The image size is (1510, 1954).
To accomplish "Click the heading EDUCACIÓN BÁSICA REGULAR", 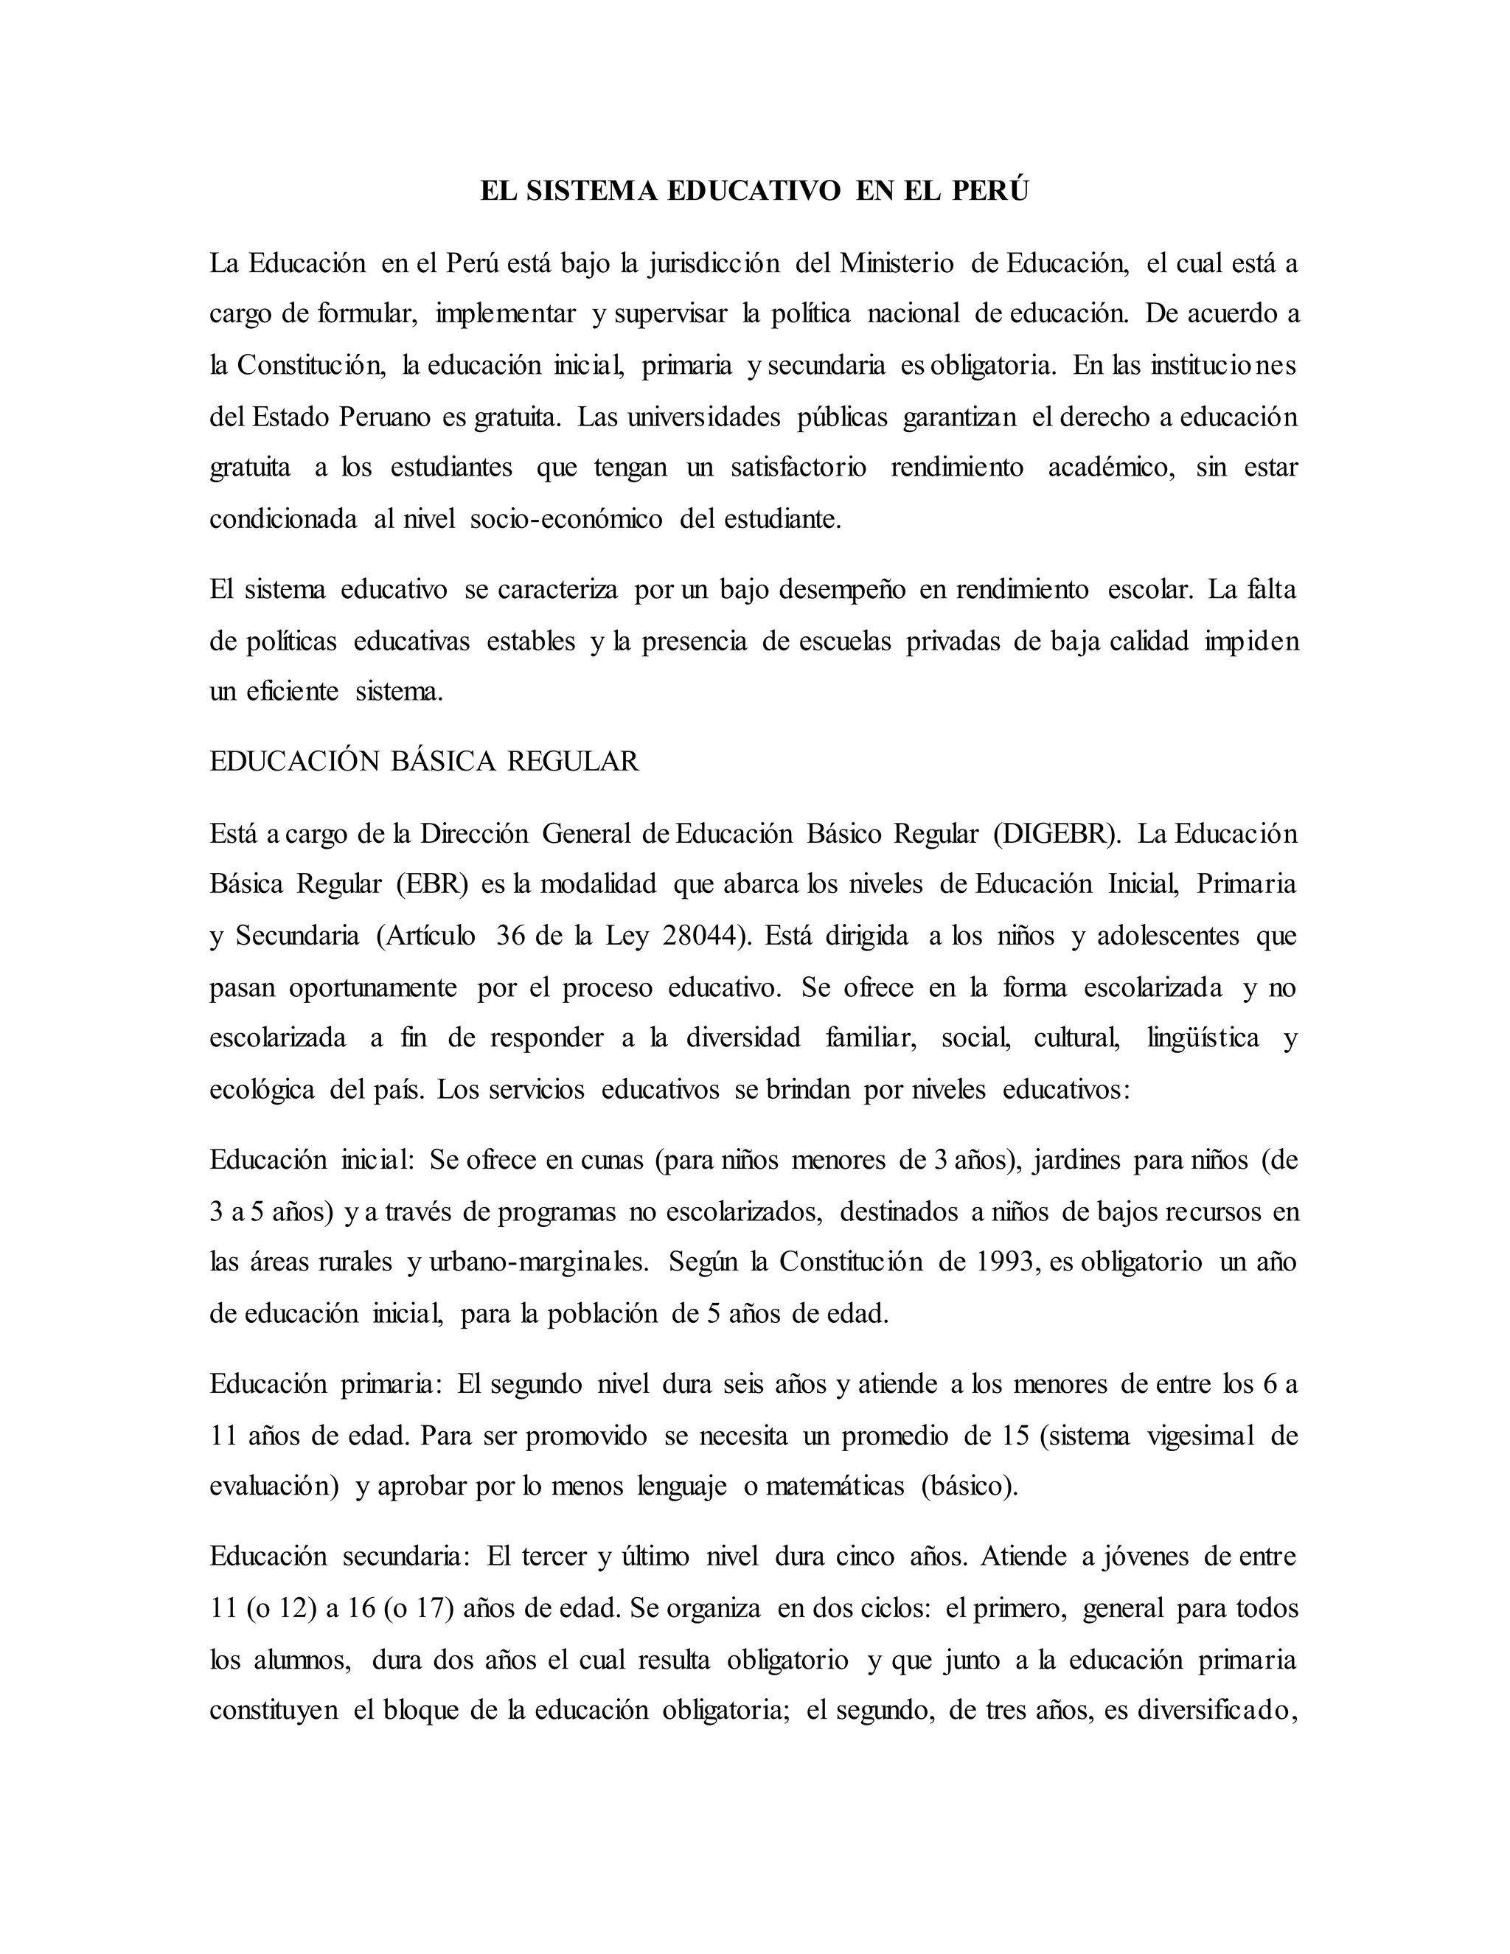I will [x=424, y=762].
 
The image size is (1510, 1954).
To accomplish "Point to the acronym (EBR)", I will [x=432, y=884].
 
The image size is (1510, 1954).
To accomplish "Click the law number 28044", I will [x=700, y=936].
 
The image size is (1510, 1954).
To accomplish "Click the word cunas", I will [x=612, y=1160].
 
